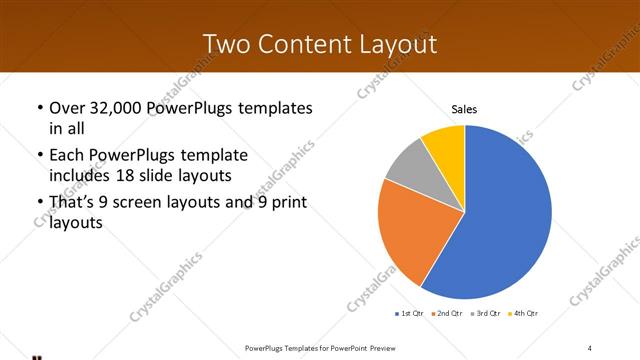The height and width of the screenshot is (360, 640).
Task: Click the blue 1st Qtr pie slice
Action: [x=500, y=220]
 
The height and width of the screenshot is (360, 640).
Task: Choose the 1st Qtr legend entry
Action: [x=411, y=314]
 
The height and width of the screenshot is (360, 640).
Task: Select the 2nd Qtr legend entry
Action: [x=449, y=314]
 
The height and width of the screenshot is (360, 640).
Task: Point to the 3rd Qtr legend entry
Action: [x=487, y=314]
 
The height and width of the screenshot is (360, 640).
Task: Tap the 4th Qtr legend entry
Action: [x=525, y=314]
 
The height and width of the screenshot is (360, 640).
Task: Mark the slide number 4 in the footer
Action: [x=590, y=347]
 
